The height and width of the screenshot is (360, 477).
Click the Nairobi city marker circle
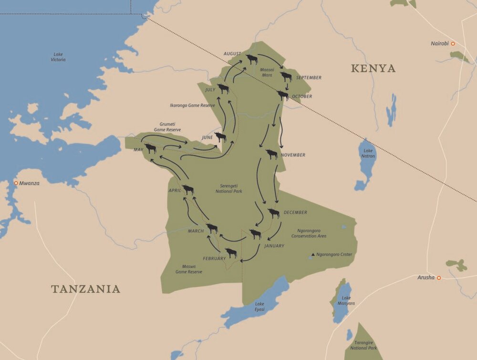pos(453,44)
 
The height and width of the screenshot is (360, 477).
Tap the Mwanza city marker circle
pos(16,183)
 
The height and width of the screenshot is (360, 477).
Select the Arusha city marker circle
pos(438,278)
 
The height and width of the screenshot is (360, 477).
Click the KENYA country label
pos(373,69)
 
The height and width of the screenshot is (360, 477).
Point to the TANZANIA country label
pos(85,289)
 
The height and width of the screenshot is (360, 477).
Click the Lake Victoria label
pos(58,57)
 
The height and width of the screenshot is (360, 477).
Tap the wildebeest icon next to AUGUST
pos(252,59)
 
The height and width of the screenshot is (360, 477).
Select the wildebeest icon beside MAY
pos(150,148)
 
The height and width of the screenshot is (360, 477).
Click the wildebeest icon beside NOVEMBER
pos(271,154)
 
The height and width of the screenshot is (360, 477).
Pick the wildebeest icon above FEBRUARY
pos(231,253)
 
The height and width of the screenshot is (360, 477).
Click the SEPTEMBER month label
pos(309,78)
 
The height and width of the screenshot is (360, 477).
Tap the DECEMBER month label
pos(295,212)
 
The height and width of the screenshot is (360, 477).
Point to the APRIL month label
pos(175,190)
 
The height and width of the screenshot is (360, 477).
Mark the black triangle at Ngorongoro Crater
pos(313,255)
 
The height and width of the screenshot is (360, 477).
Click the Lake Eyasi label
pos(259,306)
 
